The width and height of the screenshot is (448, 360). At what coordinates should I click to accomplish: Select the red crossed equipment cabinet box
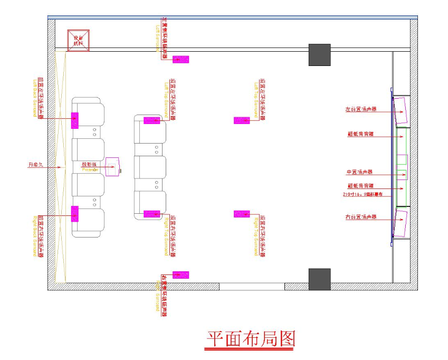click(78, 41)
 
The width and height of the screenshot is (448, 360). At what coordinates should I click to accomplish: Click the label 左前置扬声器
click(361, 110)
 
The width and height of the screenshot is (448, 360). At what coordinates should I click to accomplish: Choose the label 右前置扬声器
click(361, 217)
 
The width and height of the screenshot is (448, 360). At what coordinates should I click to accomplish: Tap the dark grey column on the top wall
click(319, 55)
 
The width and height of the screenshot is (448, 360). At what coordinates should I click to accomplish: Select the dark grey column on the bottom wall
click(319, 279)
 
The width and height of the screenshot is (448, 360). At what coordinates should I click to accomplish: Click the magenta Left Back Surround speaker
click(75, 120)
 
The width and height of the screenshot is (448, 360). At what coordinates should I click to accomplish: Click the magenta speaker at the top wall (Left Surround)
click(181, 59)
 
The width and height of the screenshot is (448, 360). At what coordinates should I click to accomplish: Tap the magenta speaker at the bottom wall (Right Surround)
click(181, 275)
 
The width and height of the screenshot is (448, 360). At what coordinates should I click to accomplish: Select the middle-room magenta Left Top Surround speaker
click(242, 120)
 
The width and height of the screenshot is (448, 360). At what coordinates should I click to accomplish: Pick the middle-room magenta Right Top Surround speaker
click(242, 214)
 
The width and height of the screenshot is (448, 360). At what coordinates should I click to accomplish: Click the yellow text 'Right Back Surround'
click(35, 235)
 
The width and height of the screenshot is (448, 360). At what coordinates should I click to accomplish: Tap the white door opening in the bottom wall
click(252, 287)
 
